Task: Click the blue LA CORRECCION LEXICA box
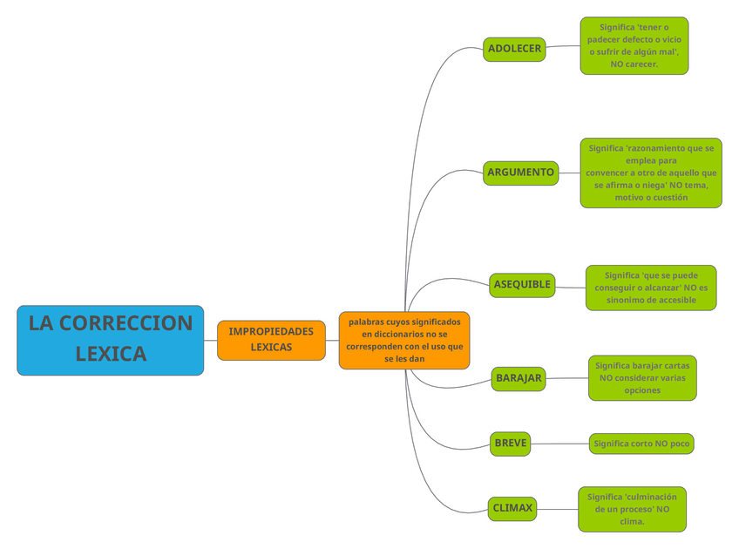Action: coord(110,340)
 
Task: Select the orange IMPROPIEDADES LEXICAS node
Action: coord(271,340)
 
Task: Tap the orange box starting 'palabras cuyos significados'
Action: coord(404,340)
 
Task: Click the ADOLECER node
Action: coord(514,49)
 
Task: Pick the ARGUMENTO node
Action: coord(520,173)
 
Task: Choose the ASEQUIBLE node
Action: coord(522,285)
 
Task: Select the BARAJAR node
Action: coord(519,378)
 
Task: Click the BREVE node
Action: coord(510,444)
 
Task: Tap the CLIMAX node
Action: coord(512,508)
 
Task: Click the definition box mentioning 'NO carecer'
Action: coord(634,46)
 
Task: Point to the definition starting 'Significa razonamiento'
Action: coord(650,173)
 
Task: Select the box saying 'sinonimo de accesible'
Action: coord(651,288)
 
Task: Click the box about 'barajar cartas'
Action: coord(642,378)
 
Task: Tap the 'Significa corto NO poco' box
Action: coord(641,444)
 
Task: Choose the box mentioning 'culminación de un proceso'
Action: coord(632,509)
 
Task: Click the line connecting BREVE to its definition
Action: coord(559,444)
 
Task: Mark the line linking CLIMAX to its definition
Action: coord(557,508)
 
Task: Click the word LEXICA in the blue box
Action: coord(111,355)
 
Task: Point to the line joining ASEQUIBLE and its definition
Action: coord(570,287)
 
